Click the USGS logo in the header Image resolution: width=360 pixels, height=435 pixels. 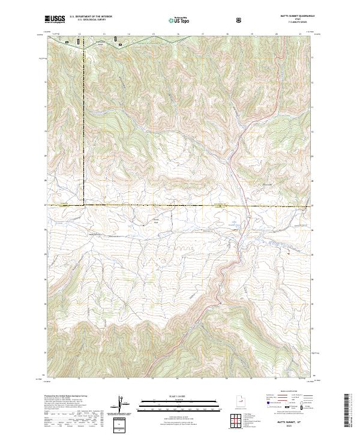pyautogui.click(x=55, y=19)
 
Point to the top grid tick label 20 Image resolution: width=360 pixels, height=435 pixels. pyautogui.click(x=275, y=34)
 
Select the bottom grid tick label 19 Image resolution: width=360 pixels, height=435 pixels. pyautogui.click(x=251, y=379)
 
